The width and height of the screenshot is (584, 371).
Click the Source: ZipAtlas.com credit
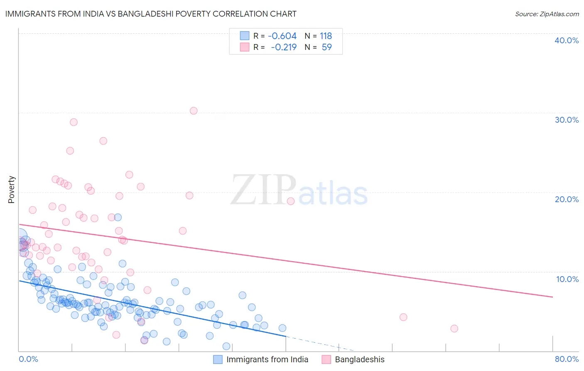547,14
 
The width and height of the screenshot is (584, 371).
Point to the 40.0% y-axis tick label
566,40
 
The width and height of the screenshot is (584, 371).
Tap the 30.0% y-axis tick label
566,120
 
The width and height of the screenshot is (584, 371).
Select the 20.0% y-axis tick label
566,199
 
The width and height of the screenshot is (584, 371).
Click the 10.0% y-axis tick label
567,279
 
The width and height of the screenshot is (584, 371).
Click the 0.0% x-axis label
29,359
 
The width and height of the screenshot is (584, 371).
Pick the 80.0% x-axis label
566,359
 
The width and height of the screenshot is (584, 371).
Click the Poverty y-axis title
11,189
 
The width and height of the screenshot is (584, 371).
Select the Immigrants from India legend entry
267,359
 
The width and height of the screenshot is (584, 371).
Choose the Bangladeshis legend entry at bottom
359,359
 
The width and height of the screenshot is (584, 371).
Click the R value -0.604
282,36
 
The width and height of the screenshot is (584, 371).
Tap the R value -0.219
283,47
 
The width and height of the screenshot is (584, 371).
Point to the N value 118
326,36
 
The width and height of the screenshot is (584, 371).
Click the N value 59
326,47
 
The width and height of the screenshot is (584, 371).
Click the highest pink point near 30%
194,111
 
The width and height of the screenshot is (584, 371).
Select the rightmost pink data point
454,329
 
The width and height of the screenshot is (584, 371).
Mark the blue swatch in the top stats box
245,36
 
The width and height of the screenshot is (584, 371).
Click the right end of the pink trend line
552,297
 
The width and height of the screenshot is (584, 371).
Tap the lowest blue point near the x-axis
226,346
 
